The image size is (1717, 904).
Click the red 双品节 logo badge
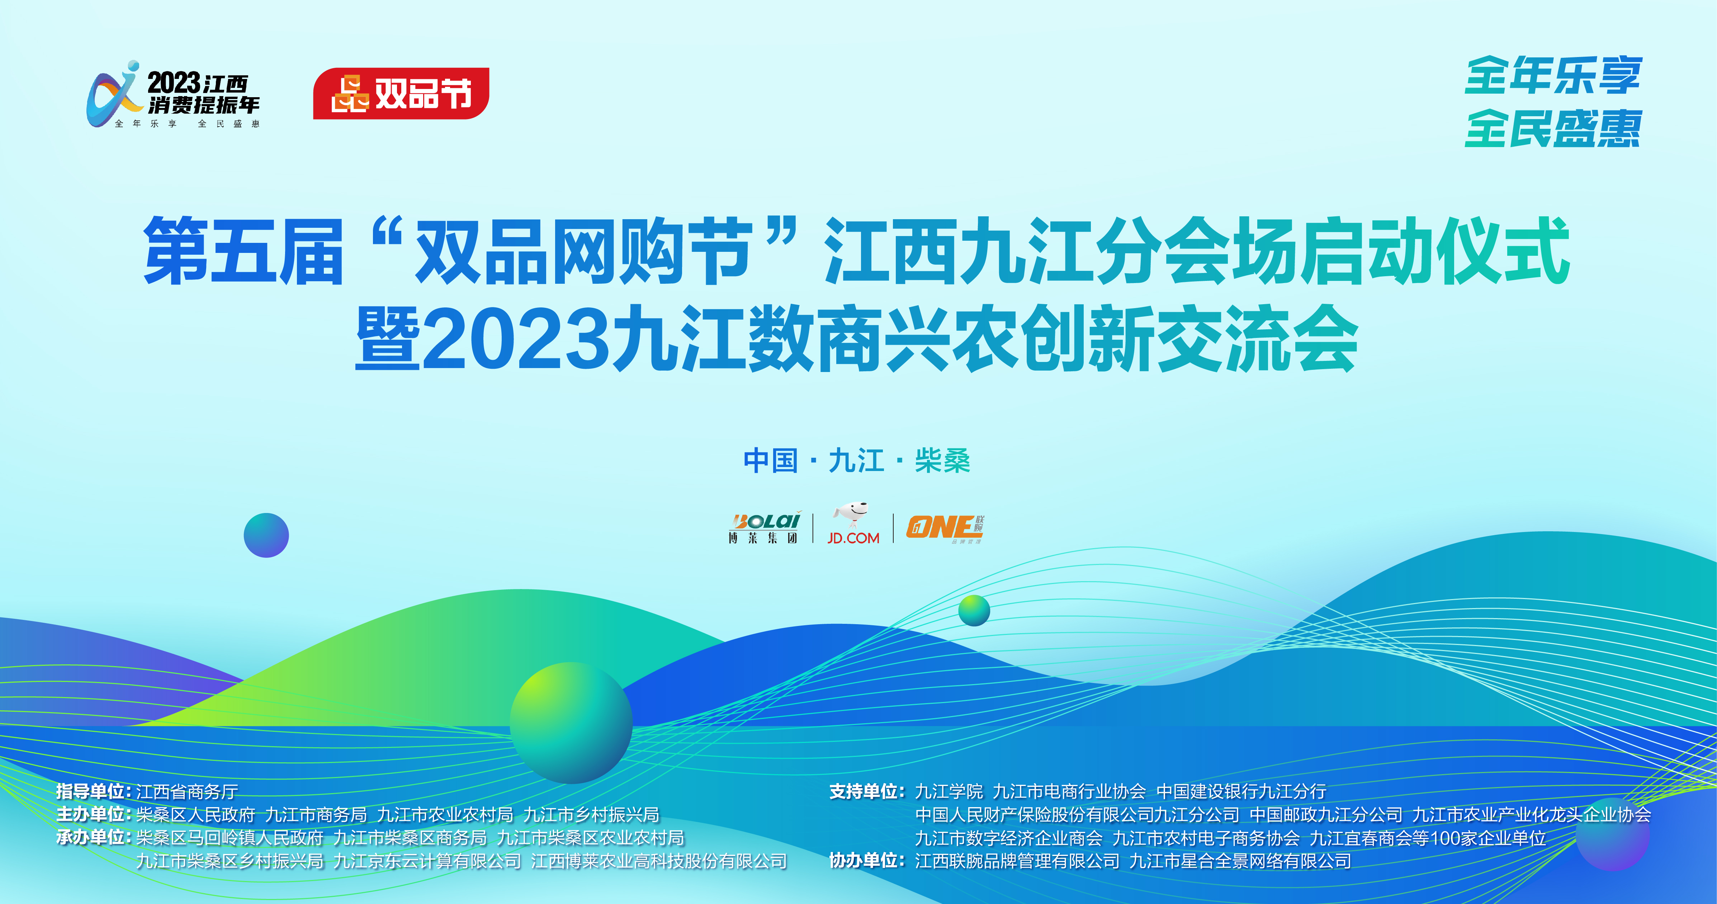(401, 93)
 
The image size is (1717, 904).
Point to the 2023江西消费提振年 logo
(173, 95)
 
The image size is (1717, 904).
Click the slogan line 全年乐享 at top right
(1553, 75)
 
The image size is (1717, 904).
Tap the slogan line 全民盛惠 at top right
(1553, 129)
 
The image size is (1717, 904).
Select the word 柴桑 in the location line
(942, 461)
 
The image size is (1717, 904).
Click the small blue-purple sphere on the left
(266, 535)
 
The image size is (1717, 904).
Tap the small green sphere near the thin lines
(974, 610)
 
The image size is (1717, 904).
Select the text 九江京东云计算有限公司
(427, 861)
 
